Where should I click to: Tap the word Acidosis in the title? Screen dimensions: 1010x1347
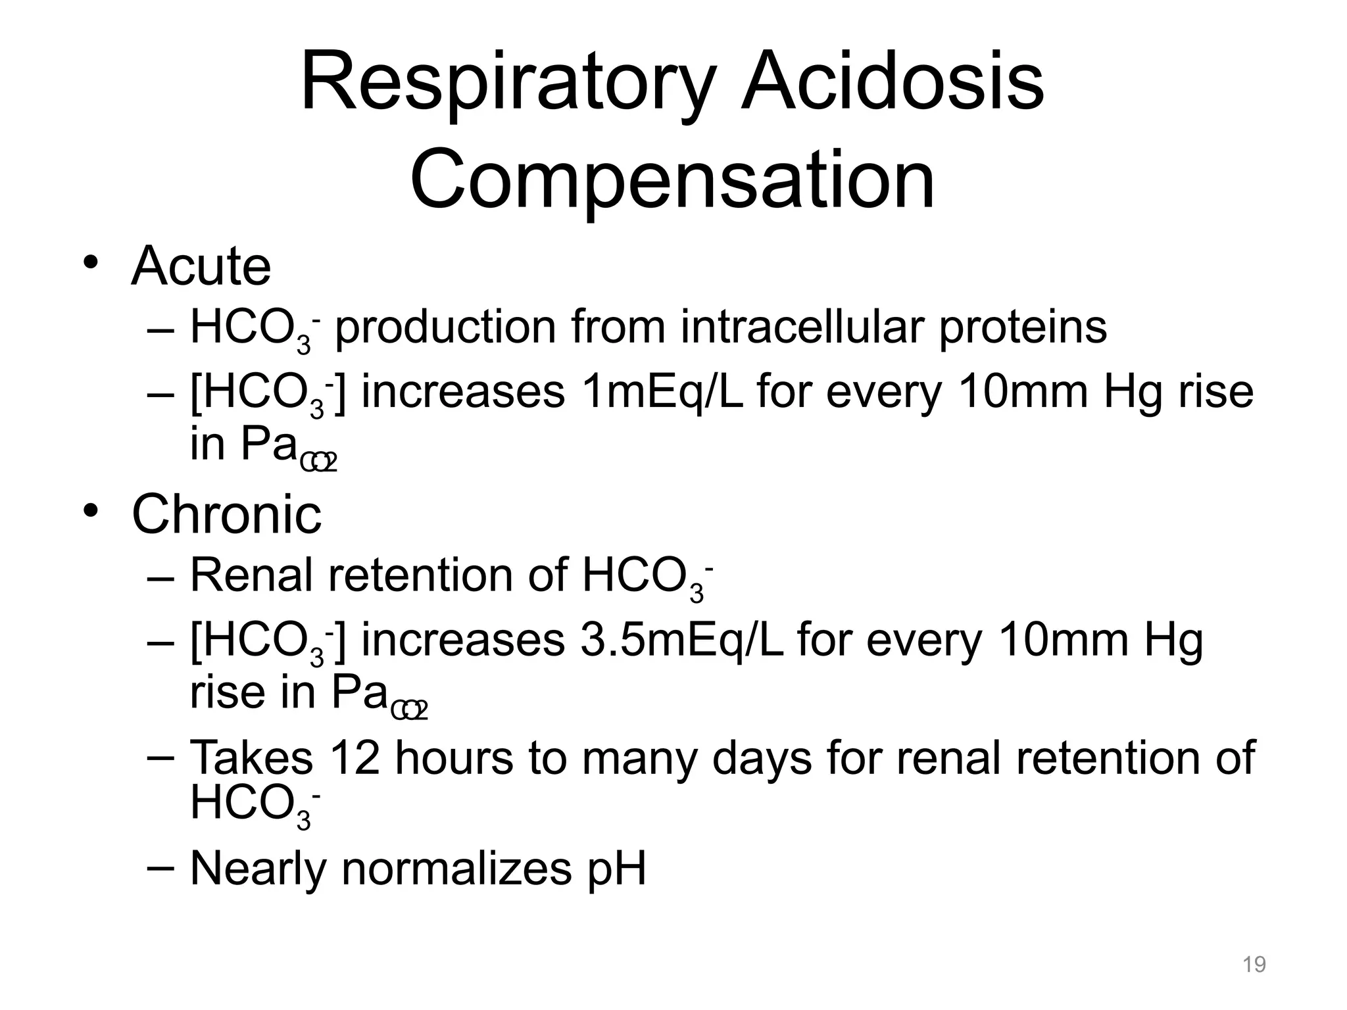click(x=893, y=84)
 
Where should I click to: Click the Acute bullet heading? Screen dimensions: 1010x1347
click(x=201, y=266)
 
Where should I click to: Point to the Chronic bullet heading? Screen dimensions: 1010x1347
click(x=227, y=514)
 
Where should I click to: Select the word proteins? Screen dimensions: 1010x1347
click(x=1023, y=327)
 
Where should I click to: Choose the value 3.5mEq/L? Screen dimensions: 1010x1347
click(x=681, y=640)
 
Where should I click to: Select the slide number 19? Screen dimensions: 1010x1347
click(x=1254, y=965)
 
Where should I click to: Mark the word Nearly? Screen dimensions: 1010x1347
click(x=258, y=869)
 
